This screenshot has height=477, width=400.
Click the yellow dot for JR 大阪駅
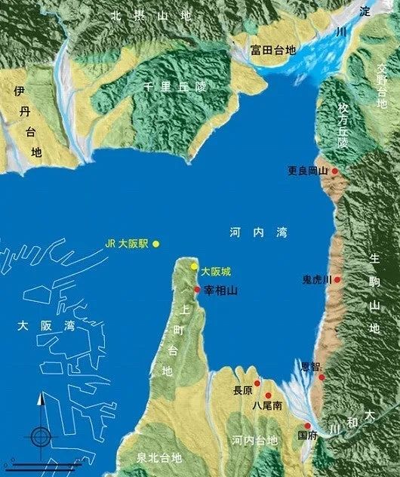(x=156, y=244)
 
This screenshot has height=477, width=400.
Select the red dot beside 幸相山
(x=198, y=289)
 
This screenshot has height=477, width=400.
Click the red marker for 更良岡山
(x=335, y=171)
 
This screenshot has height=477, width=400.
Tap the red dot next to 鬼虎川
(x=337, y=279)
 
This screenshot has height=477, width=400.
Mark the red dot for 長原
(x=257, y=383)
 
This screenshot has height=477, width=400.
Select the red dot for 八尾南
(x=268, y=395)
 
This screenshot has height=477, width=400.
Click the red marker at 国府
(x=308, y=426)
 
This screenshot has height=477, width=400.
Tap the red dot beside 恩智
(x=322, y=376)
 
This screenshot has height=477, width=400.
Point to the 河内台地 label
(x=254, y=440)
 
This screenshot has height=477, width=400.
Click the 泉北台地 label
(x=159, y=458)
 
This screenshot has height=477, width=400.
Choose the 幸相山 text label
(x=220, y=289)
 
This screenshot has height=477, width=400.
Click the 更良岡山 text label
(x=309, y=171)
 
